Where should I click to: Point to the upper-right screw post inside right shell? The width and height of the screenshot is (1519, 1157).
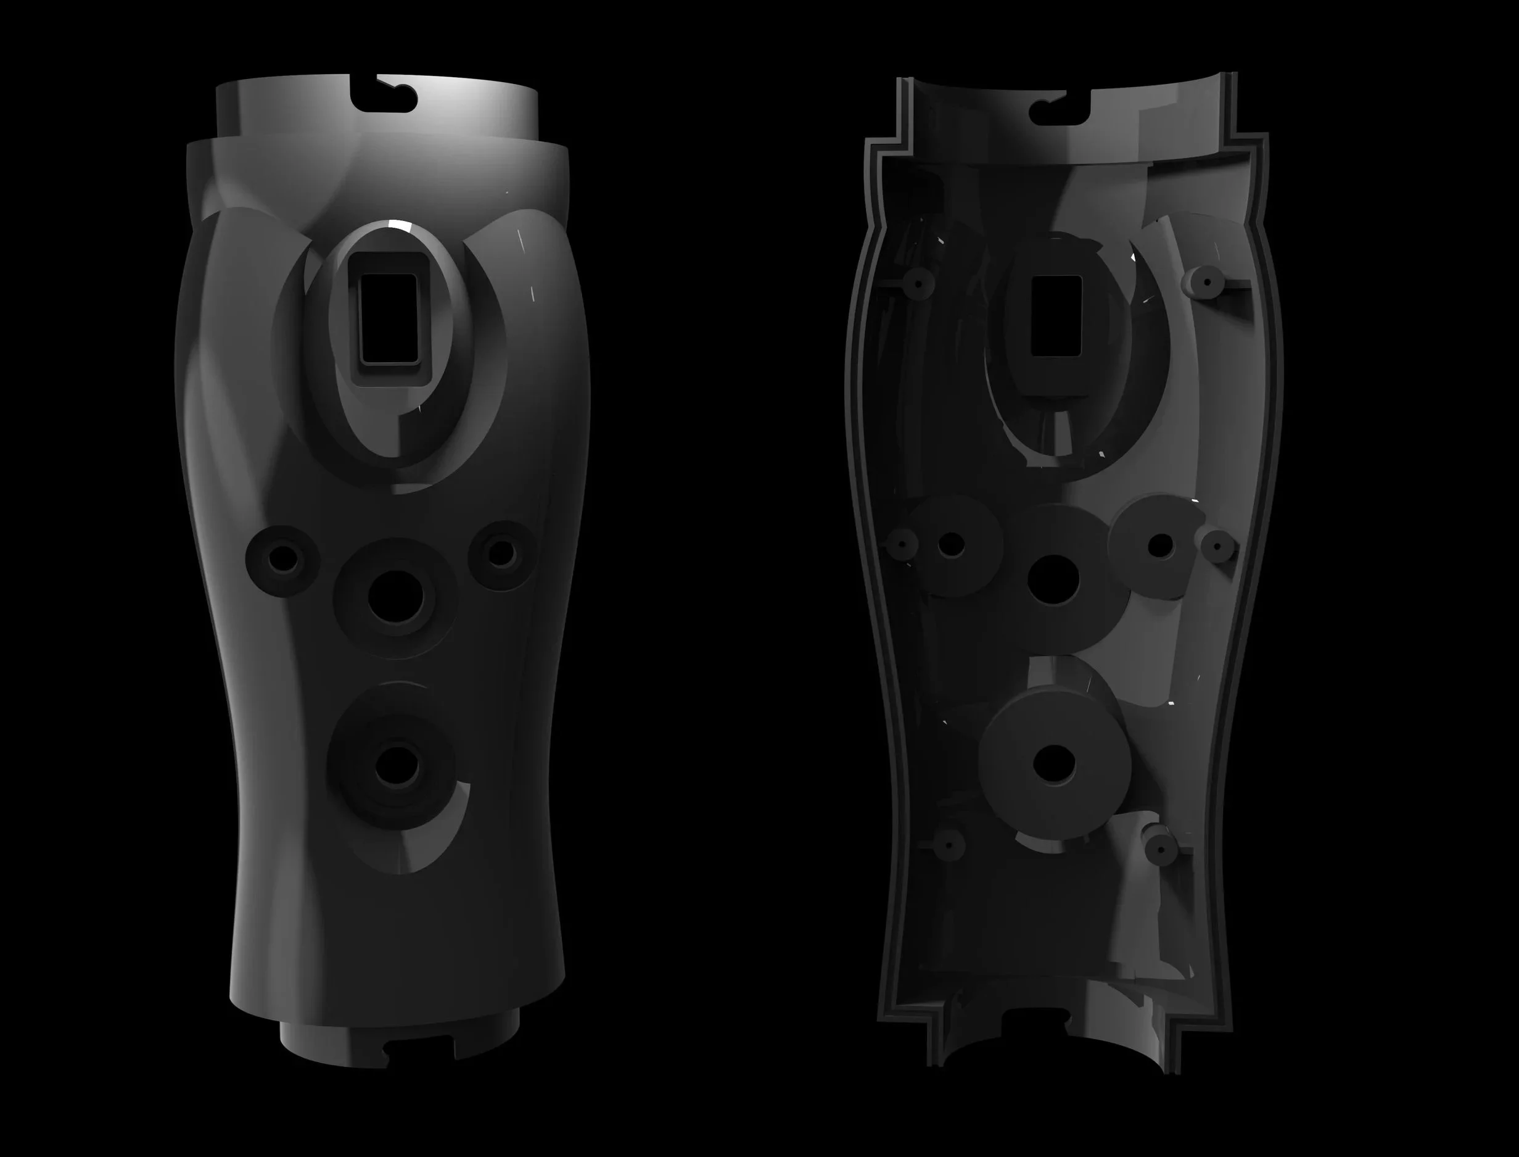click(x=1206, y=281)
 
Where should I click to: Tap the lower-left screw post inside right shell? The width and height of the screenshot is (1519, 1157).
click(x=949, y=843)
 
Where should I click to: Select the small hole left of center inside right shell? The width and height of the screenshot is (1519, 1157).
click(x=951, y=544)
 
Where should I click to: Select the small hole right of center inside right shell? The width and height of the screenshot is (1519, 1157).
click(x=1161, y=545)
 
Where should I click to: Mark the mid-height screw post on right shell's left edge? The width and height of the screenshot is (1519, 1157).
click(x=902, y=544)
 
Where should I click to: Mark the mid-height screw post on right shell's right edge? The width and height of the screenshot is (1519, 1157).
click(x=1217, y=547)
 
